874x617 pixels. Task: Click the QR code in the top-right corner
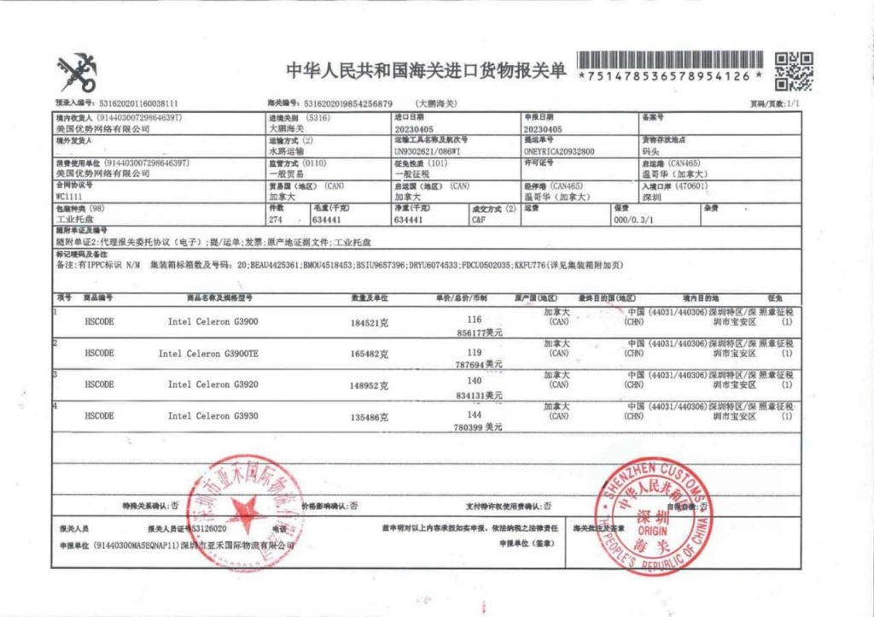(794, 72)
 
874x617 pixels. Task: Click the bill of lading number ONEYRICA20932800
(559, 150)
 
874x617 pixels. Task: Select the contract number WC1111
(68, 196)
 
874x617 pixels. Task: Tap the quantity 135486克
(370, 417)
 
